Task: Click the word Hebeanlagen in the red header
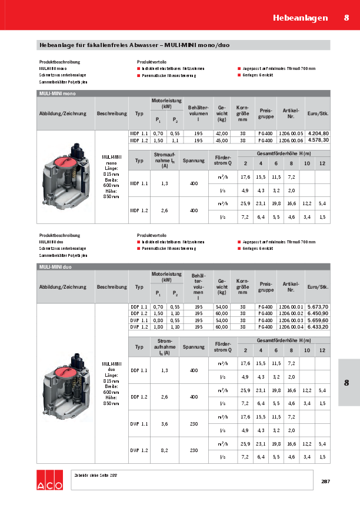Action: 300,18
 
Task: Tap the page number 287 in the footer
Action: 325,482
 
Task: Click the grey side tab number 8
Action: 346,383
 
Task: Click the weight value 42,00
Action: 222,134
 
